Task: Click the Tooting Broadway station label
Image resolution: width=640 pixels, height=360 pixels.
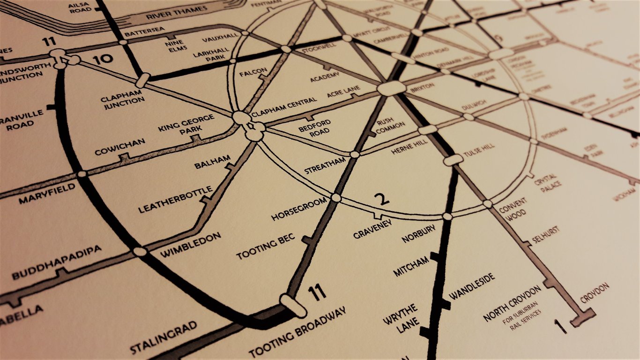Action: coord(297,332)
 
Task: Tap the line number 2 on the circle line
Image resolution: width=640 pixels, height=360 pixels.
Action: coord(383,200)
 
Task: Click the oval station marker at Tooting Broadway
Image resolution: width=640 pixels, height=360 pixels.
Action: coord(293,305)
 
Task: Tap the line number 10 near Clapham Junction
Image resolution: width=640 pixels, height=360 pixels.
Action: coord(103,60)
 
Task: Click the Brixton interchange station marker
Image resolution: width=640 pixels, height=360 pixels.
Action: coord(391,88)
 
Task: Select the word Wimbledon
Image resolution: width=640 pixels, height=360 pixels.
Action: coord(191,245)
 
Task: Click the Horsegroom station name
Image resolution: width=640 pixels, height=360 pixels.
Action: coord(299,209)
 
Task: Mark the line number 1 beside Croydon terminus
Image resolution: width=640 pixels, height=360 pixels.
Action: coord(558,325)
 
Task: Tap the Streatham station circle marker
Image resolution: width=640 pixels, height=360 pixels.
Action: coord(355,154)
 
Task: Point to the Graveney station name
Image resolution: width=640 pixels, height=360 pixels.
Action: coord(373,228)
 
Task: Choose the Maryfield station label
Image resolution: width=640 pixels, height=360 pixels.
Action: coord(47,194)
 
